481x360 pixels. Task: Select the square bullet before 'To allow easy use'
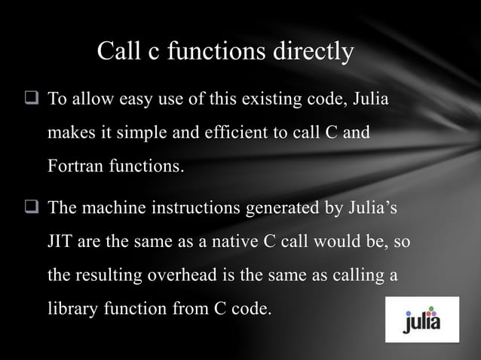(x=32, y=99)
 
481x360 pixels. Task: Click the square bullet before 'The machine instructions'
(x=32, y=209)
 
